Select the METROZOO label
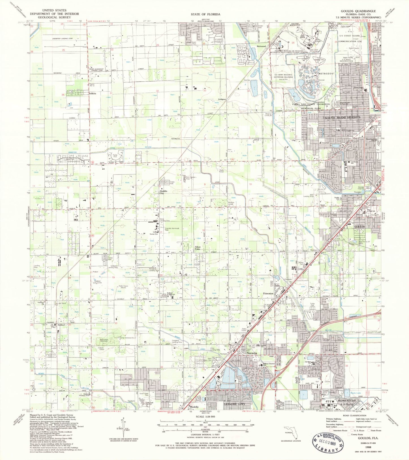(326, 74)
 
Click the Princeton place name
(268, 293)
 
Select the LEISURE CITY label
(234, 404)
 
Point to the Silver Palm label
(198, 248)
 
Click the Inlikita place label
(93, 93)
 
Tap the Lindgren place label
(222, 99)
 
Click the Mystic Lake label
(356, 393)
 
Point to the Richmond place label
(261, 46)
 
